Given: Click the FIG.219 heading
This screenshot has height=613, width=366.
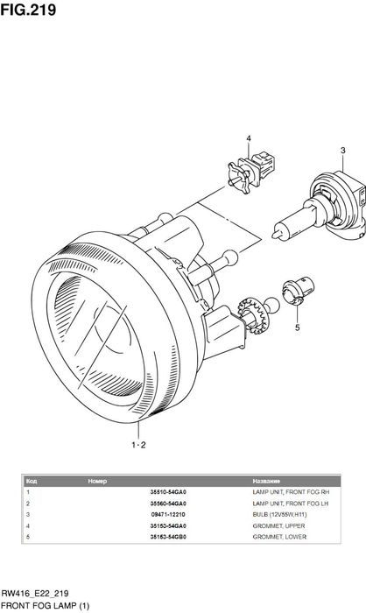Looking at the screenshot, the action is point(28,10).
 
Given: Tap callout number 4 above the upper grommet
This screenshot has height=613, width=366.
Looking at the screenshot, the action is point(249,138).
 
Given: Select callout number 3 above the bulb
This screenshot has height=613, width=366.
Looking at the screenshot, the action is point(343,151).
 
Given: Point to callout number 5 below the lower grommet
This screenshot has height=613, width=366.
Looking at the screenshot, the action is point(297,328).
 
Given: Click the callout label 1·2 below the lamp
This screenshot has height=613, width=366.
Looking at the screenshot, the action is point(139,445).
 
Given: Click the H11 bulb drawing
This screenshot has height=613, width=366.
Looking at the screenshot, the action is point(320,207).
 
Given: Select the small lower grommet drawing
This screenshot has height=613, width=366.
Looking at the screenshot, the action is point(298,292).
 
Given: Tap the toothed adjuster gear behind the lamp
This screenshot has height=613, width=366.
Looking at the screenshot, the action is point(253,314).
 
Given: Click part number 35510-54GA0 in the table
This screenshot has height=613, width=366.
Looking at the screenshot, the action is point(168,492).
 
